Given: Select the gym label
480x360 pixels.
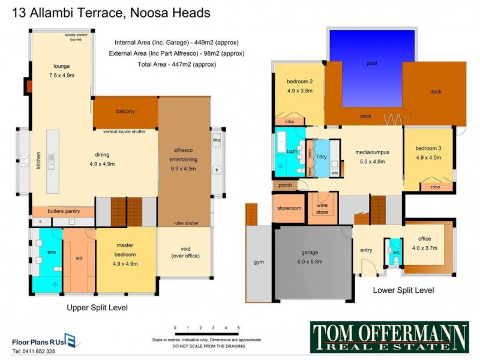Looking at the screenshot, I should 259,263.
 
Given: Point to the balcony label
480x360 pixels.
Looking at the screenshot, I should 125,111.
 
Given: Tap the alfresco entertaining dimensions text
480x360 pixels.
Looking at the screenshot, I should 184,169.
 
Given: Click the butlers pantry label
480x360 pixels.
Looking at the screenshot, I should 63,212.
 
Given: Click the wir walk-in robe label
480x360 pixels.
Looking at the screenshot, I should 78,259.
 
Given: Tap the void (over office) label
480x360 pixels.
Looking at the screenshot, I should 184,252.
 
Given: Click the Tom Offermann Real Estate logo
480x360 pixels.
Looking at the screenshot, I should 389,337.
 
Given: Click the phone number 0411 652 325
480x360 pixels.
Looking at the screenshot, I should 34,351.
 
